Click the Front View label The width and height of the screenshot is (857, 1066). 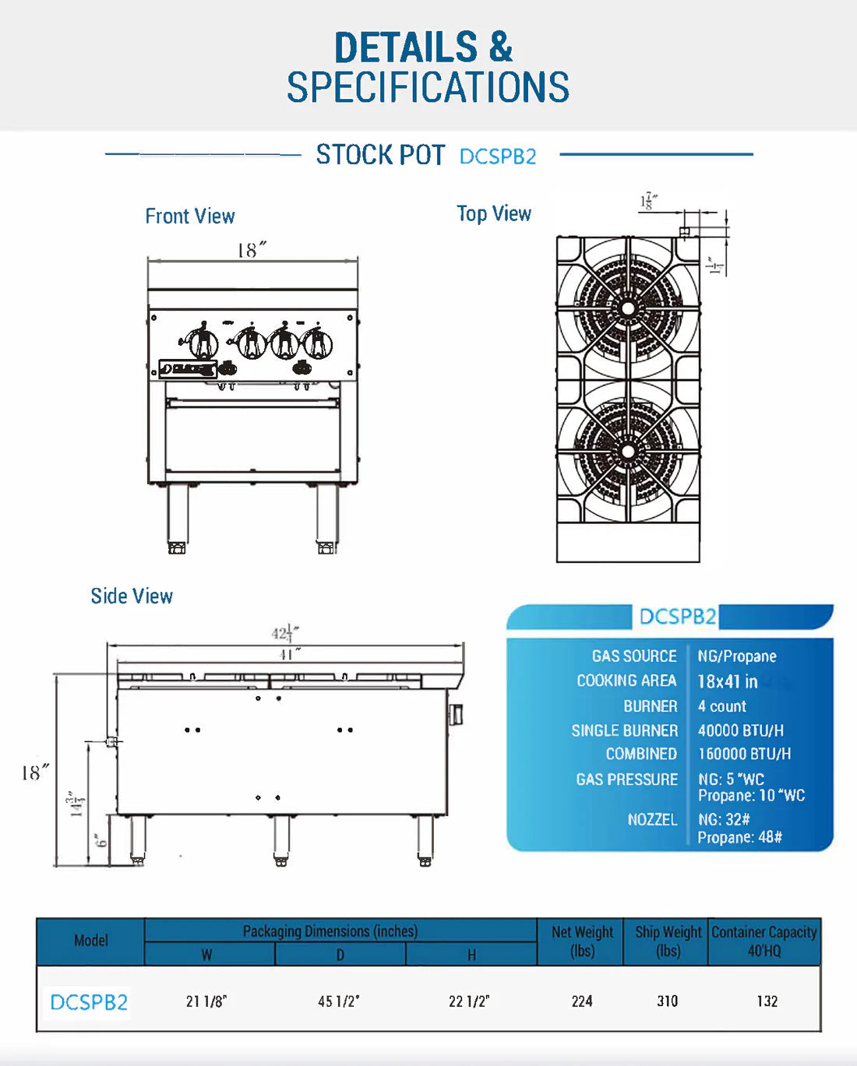[x=189, y=216]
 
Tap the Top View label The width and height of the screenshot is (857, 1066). [x=494, y=214]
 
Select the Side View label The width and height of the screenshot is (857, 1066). [x=132, y=596]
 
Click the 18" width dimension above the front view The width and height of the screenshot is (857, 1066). [x=251, y=250]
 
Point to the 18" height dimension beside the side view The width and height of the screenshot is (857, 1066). [x=34, y=772]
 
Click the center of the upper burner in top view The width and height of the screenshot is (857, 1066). [x=628, y=308]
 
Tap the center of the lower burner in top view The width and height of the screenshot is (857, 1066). [x=628, y=451]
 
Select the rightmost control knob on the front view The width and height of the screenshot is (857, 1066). [x=317, y=343]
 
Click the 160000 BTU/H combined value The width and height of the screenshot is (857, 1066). [x=744, y=754]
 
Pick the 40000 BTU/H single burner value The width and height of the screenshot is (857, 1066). [x=740, y=730]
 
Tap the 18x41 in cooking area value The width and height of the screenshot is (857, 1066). [x=727, y=681]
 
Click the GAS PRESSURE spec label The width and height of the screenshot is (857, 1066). [x=626, y=779]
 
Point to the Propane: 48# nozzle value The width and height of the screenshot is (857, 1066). [x=739, y=837]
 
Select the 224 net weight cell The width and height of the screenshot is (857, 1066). [x=582, y=1001]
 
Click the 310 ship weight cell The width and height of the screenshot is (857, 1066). [x=667, y=1001]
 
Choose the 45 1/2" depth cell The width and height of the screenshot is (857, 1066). [x=339, y=1001]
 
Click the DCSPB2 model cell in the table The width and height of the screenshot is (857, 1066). [x=89, y=1002]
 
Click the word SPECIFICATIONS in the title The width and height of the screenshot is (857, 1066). [x=428, y=87]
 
